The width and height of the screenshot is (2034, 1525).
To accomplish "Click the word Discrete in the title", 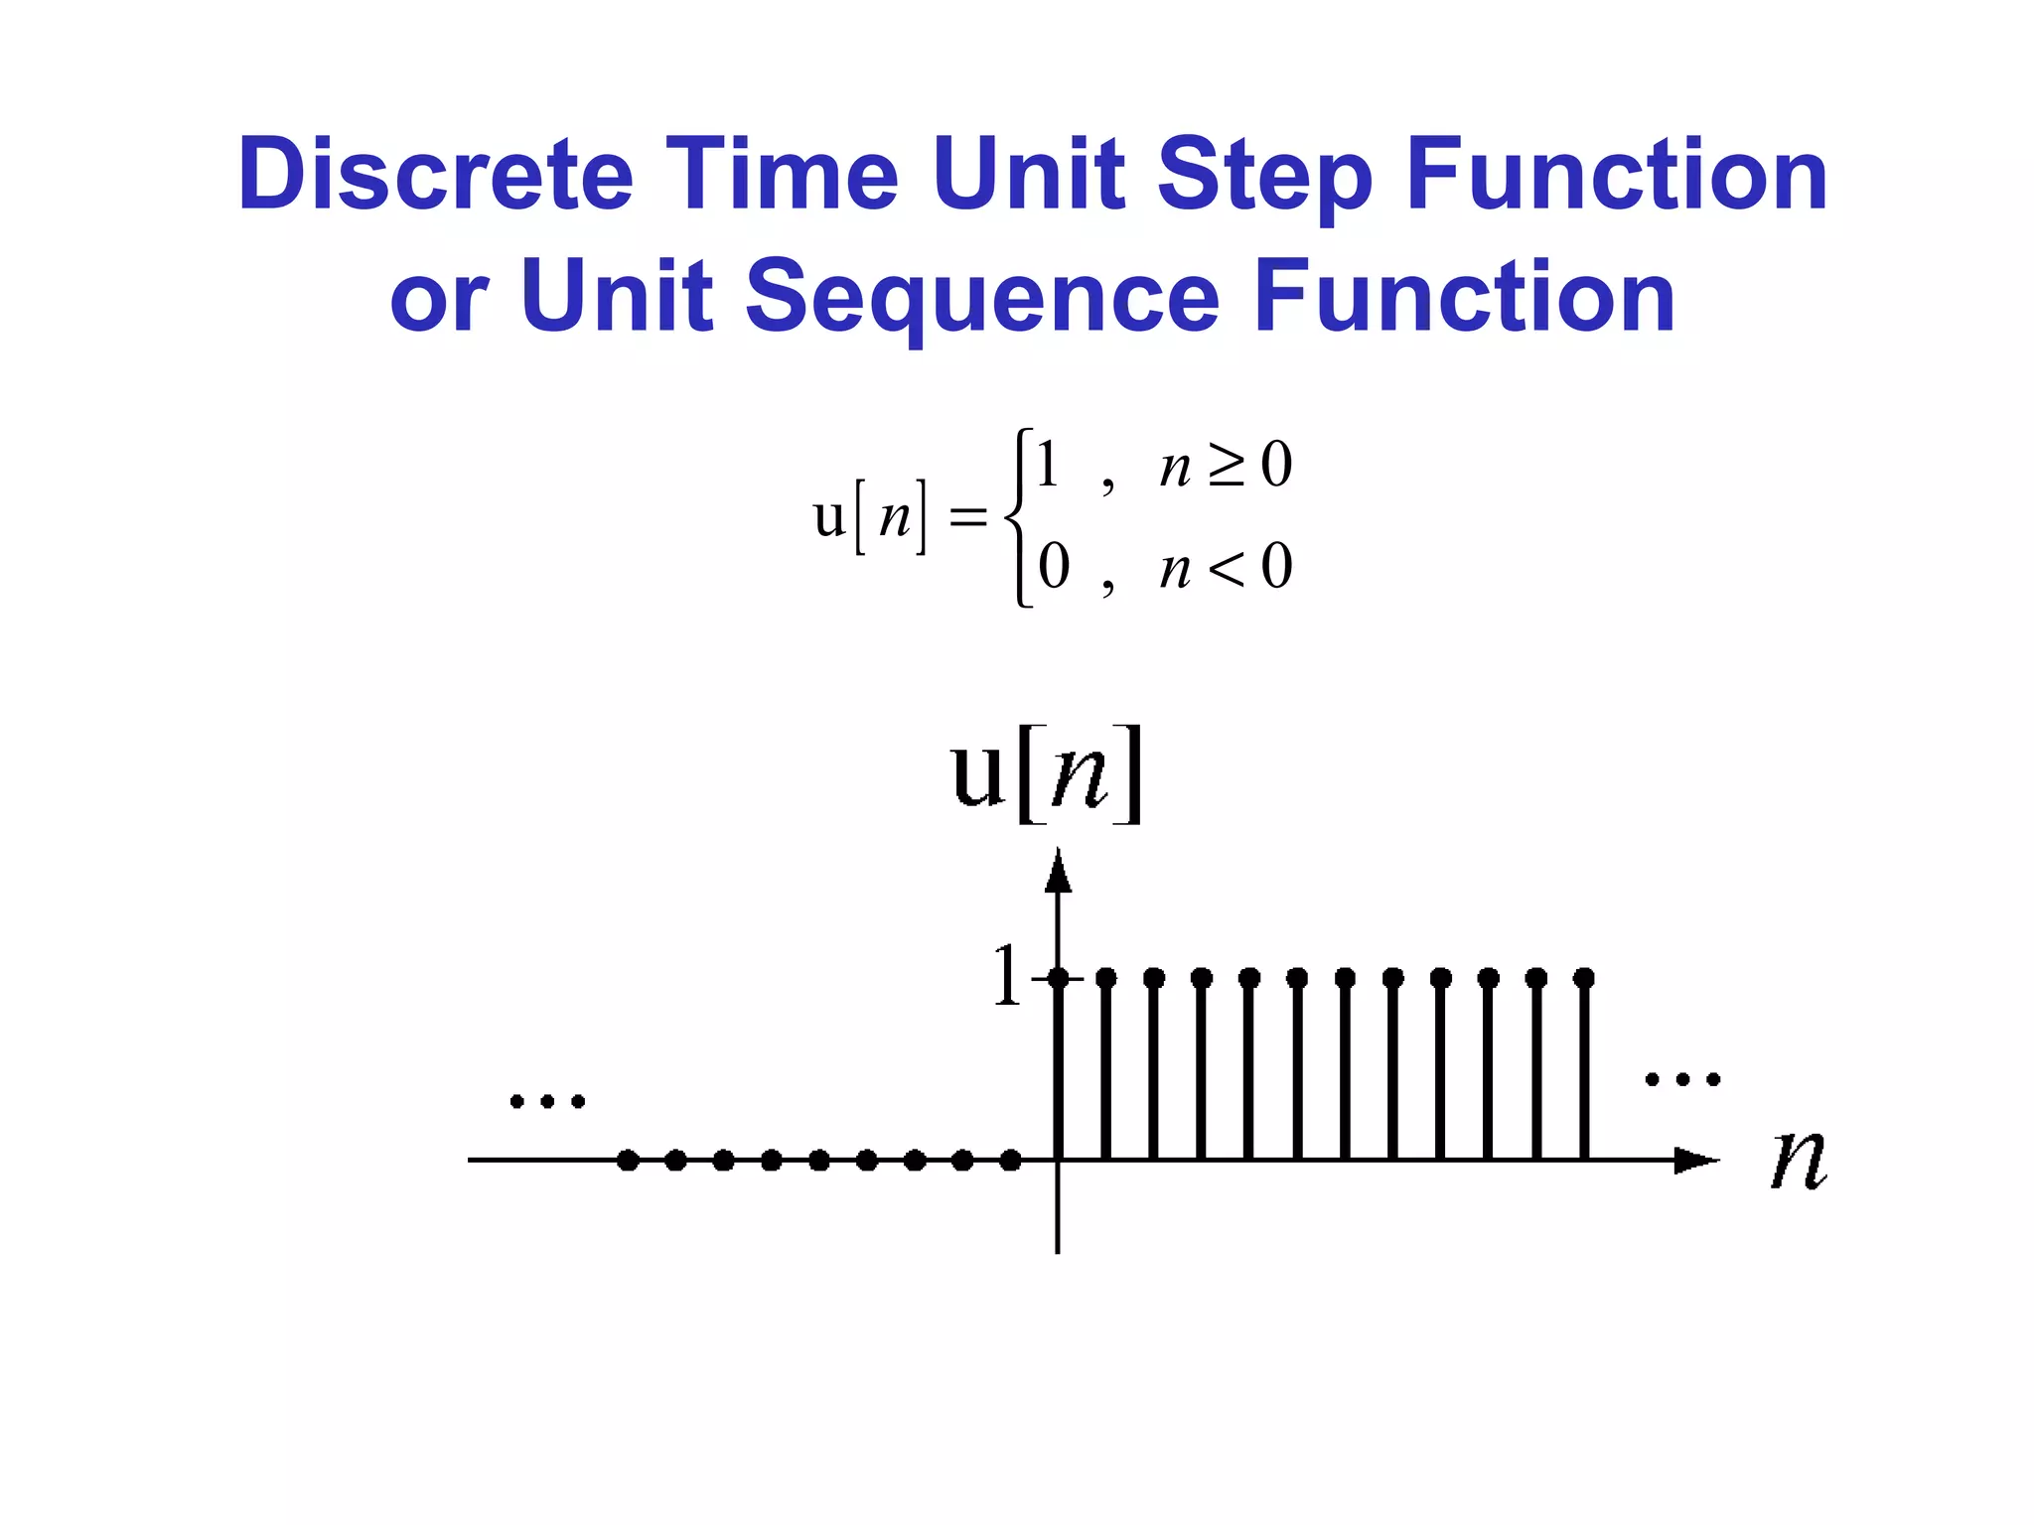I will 435,176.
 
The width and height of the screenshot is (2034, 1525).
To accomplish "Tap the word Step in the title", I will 1265,176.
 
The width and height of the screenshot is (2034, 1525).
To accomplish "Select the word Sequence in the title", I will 981,297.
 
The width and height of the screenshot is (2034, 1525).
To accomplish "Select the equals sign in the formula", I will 968,517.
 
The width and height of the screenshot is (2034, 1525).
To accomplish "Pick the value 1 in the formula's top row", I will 1048,464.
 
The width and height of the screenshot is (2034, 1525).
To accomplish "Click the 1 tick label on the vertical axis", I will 1006,976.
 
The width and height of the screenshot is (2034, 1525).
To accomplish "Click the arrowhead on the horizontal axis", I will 1696,1160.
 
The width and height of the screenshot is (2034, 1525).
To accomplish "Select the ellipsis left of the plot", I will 547,1101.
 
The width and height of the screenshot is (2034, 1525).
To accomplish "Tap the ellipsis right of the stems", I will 1682,1079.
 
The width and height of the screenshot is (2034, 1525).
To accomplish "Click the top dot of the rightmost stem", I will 1584,978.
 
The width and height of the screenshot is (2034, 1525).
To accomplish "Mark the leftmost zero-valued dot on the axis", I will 628,1160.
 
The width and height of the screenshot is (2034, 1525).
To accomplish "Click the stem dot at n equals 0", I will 1059,978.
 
